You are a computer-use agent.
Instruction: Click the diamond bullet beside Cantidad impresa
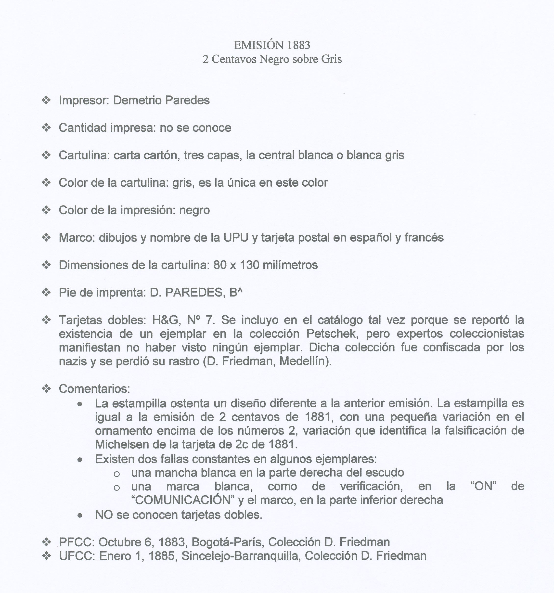click(46, 128)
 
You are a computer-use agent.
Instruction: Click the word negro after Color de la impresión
click(194, 210)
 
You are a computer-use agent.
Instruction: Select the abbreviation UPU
click(235, 237)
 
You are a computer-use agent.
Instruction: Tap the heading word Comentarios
click(94, 389)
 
